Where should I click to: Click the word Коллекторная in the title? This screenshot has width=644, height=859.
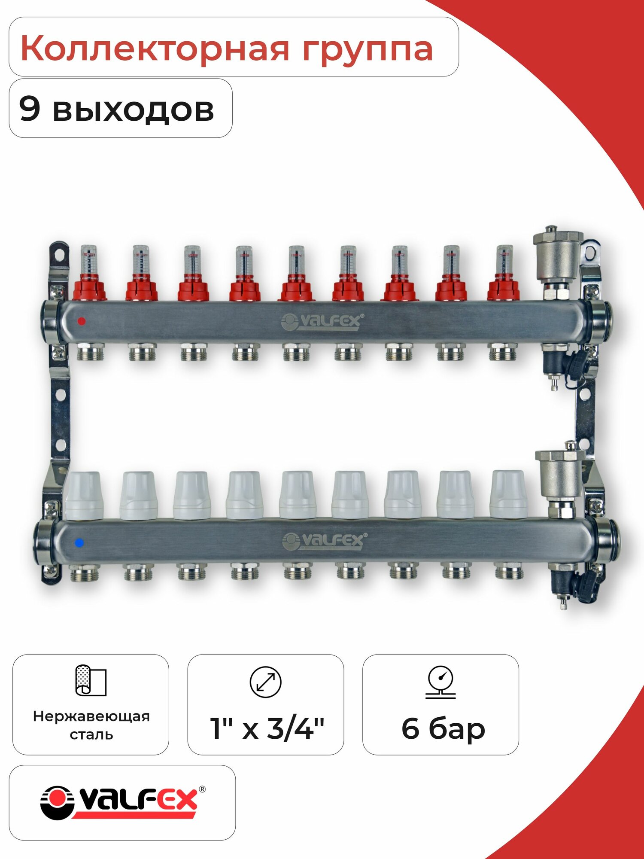pos(155,48)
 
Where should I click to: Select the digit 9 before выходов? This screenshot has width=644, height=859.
pos(30,109)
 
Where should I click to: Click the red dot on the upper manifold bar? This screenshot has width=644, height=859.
pos(82,321)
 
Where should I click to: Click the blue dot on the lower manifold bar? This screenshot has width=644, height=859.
pos(79,543)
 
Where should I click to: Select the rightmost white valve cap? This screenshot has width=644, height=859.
pos(509,494)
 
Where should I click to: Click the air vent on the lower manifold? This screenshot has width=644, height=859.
pos(560,472)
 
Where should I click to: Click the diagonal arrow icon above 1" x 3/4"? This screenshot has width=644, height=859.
pos(265,682)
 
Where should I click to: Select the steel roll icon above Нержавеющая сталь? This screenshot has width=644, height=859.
pos(91,680)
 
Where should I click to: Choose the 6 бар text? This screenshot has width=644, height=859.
pos(443,728)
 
